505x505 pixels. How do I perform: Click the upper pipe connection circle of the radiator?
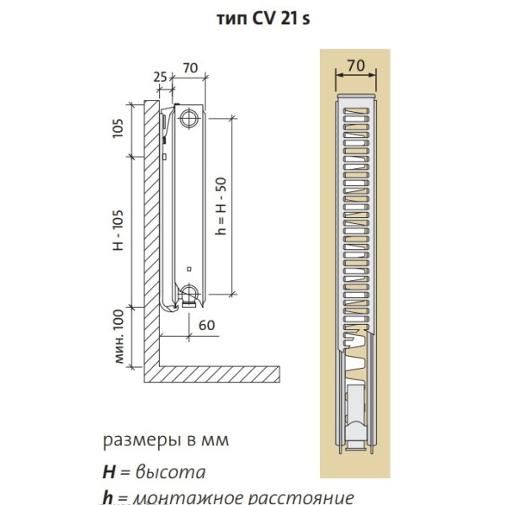[190, 117]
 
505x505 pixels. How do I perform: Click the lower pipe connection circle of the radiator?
[190, 295]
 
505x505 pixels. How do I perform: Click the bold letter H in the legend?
[108, 471]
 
